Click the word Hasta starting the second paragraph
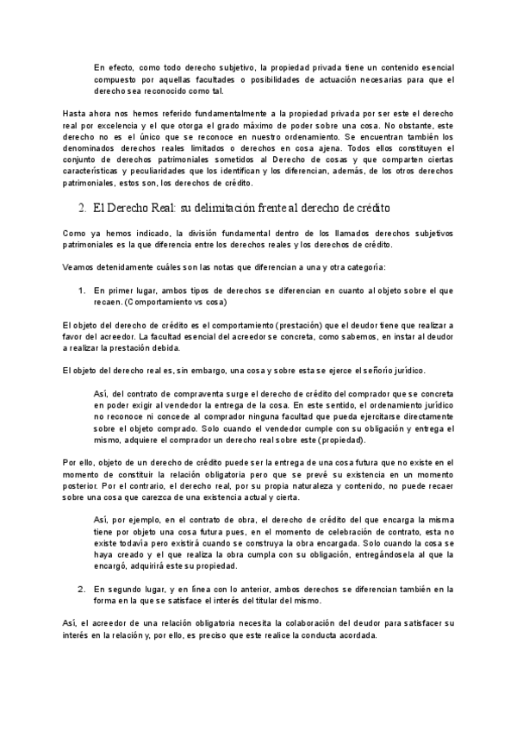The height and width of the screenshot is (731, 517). [76, 114]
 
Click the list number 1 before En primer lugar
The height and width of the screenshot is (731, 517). [81, 292]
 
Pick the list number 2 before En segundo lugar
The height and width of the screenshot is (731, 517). [81, 588]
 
